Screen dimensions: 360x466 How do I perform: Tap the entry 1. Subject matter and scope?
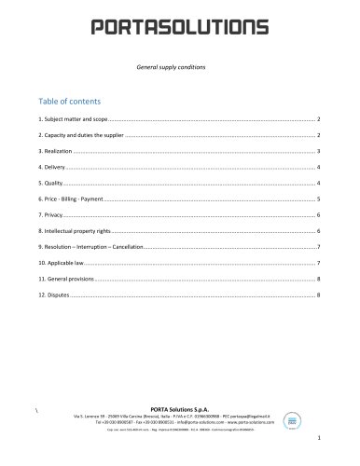[x=76, y=121]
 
